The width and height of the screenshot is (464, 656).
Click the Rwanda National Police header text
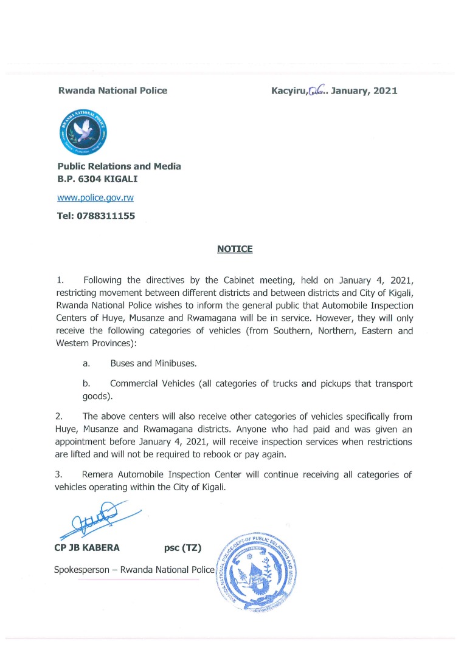coord(112,91)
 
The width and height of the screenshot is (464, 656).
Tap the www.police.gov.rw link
coord(95,198)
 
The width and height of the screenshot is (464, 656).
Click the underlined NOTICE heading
coord(235,249)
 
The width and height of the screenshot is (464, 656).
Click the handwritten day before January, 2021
coord(317,91)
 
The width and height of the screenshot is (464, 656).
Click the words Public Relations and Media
coord(119,166)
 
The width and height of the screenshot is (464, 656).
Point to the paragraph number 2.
coord(60,416)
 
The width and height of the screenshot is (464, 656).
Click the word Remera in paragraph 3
coord(100,474)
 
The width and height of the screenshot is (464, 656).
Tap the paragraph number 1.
coord(60,280)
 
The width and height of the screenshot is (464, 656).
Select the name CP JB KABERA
coord(87,548)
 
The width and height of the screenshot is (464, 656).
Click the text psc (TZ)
coord(182,548)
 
